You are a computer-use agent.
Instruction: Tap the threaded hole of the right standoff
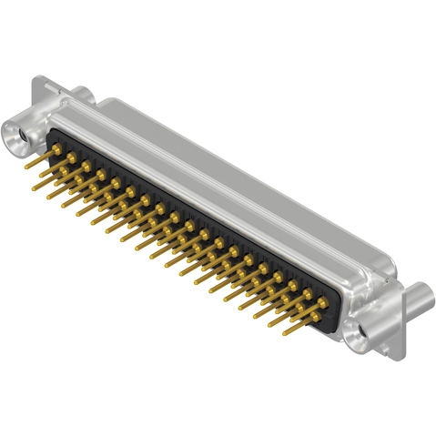363,333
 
